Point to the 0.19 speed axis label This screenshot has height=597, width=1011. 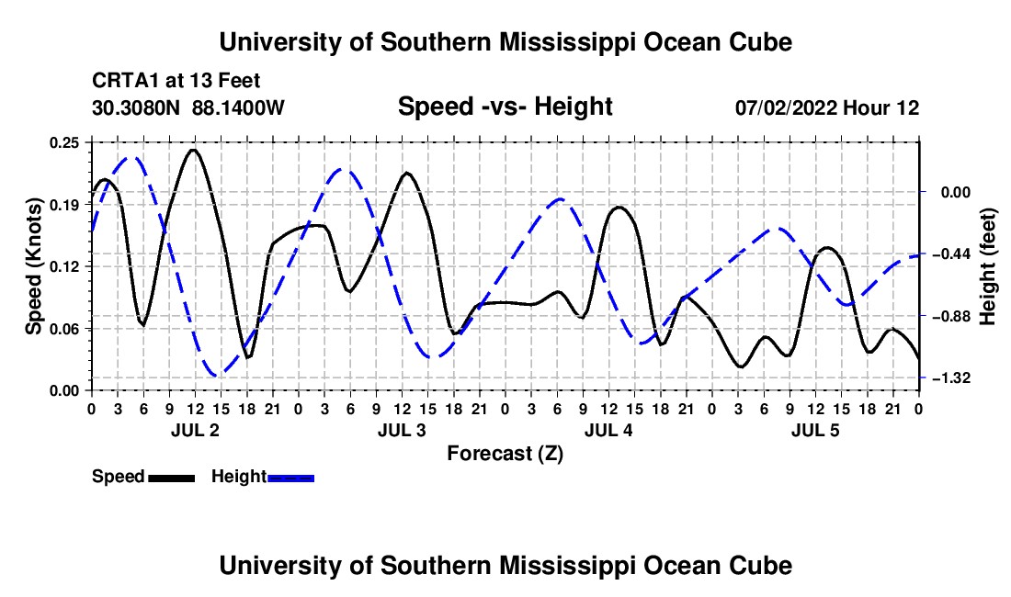coord(64,205)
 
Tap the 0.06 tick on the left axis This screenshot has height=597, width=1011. coord(64,329)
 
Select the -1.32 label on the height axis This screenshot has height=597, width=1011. coord(951,378)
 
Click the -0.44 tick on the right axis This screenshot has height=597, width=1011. coord(951,253)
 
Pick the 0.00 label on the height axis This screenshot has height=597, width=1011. coord(956,192)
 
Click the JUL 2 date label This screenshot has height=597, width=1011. coord(195,430)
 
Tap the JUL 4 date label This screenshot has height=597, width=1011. coord(608,430)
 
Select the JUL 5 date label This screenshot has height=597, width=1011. coord(815,430)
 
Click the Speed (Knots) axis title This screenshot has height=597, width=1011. coord(33,266)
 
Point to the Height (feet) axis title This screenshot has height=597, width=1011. coord(988,266)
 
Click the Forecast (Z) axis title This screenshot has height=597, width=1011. coord(505,454)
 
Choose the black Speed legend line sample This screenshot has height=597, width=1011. coord(171,478)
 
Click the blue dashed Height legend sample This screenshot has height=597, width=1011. coord(290,478)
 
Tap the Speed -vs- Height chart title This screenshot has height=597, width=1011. coord(505,107)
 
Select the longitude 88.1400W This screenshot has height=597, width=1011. coord(238,107)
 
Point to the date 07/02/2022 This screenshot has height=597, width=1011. coord(786,107)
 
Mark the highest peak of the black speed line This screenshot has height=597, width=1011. coord(193,150)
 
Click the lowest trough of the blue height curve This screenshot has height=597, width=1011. coord(218,374)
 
